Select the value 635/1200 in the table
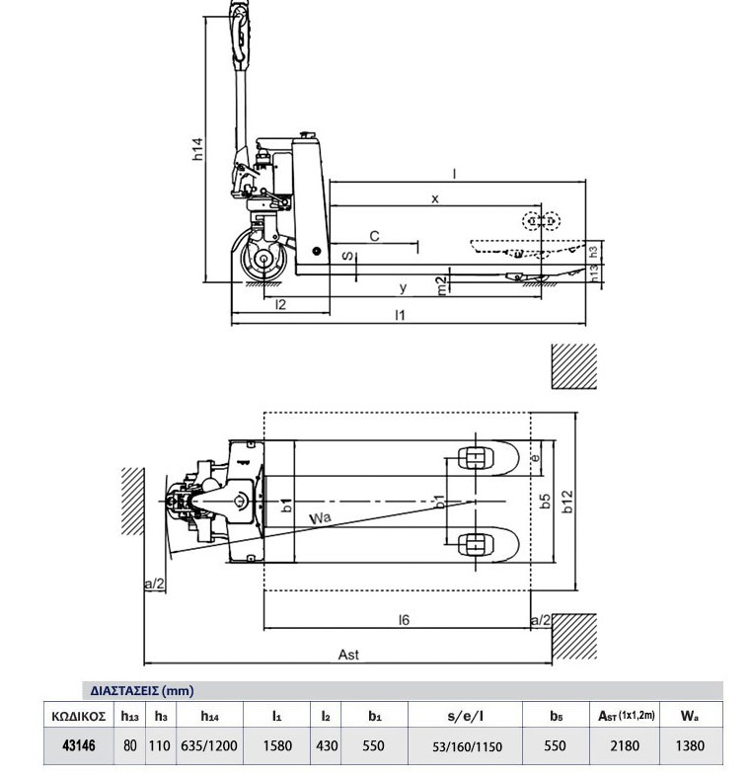[209, 745]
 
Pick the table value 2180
[626, 745]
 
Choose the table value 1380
[690, 745]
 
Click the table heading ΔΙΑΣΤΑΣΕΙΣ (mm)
[136, 690]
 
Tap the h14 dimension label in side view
[199, 149]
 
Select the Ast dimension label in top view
[348, 654]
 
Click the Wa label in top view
[320, 517]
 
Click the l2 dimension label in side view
[280, 304]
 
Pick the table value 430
[327, 745]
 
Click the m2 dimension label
[443, 284]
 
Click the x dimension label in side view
[434, 198]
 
